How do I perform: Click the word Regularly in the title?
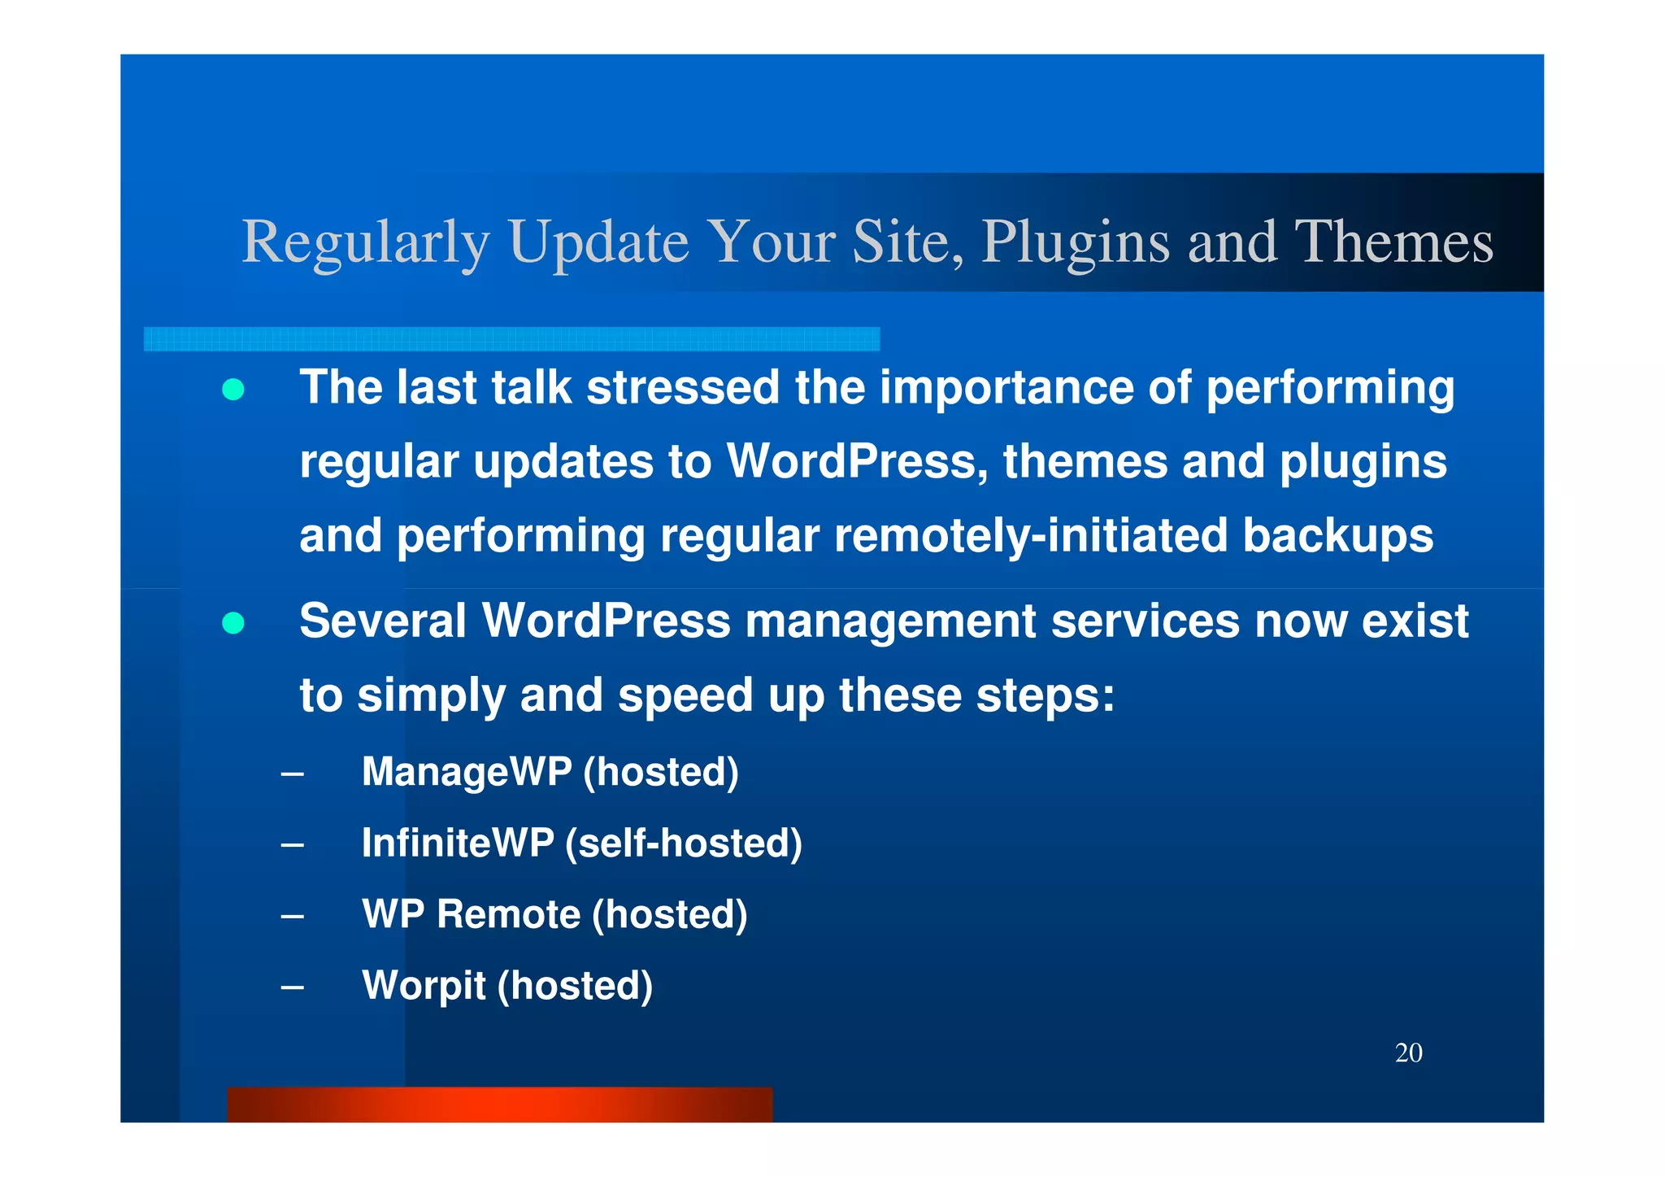point(365,243)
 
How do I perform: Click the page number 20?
point(1408,1053)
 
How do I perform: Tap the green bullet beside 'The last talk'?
point(233,390)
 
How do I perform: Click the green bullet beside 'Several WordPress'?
point(233,623)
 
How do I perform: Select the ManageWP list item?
point(550,772)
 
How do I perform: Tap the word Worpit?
point(423,986)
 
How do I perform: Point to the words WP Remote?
point(471,914)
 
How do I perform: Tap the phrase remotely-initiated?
point(1030,536)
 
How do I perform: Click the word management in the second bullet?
point(890,621)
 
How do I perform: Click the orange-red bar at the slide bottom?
point(499,1105)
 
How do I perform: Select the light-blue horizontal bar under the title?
point(511,339)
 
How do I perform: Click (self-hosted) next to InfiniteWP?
point(683,843)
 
